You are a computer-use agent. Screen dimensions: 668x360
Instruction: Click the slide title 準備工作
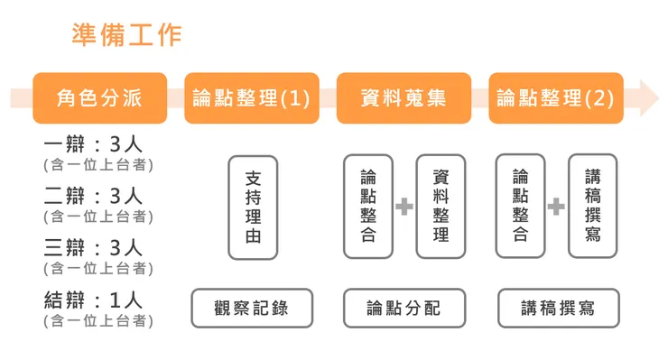point(126,34)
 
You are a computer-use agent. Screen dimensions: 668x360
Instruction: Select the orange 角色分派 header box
point(99,97)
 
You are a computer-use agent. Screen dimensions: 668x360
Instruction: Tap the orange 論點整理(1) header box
point(251,97)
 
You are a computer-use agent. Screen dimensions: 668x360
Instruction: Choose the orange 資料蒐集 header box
point(403,97)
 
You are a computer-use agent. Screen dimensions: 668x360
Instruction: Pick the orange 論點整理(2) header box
point(555,97)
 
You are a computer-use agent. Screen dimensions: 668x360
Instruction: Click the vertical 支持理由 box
point(253,208)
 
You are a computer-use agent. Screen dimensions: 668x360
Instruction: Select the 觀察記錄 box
point(252,308)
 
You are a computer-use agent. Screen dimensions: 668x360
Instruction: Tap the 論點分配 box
point(404,308)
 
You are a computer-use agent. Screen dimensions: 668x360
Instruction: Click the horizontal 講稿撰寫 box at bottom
point(558,308)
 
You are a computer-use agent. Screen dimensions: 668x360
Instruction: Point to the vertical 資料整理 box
point(441,206)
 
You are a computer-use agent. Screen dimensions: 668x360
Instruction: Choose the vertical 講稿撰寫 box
point(592,206)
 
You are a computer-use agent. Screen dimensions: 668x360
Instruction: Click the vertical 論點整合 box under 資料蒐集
point(368,206)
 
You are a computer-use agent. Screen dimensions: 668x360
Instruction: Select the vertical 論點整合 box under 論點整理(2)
point(520,206)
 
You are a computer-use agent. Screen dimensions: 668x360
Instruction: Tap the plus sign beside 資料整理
point(404,208)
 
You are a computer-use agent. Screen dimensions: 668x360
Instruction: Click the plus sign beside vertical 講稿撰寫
point(556,208)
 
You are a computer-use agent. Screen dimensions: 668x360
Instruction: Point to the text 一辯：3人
point(93,145)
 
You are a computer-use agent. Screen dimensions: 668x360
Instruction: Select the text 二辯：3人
point(93,196)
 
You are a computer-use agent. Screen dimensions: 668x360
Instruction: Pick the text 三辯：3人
point(93,247)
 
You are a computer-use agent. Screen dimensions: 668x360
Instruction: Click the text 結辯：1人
point(93,300)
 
